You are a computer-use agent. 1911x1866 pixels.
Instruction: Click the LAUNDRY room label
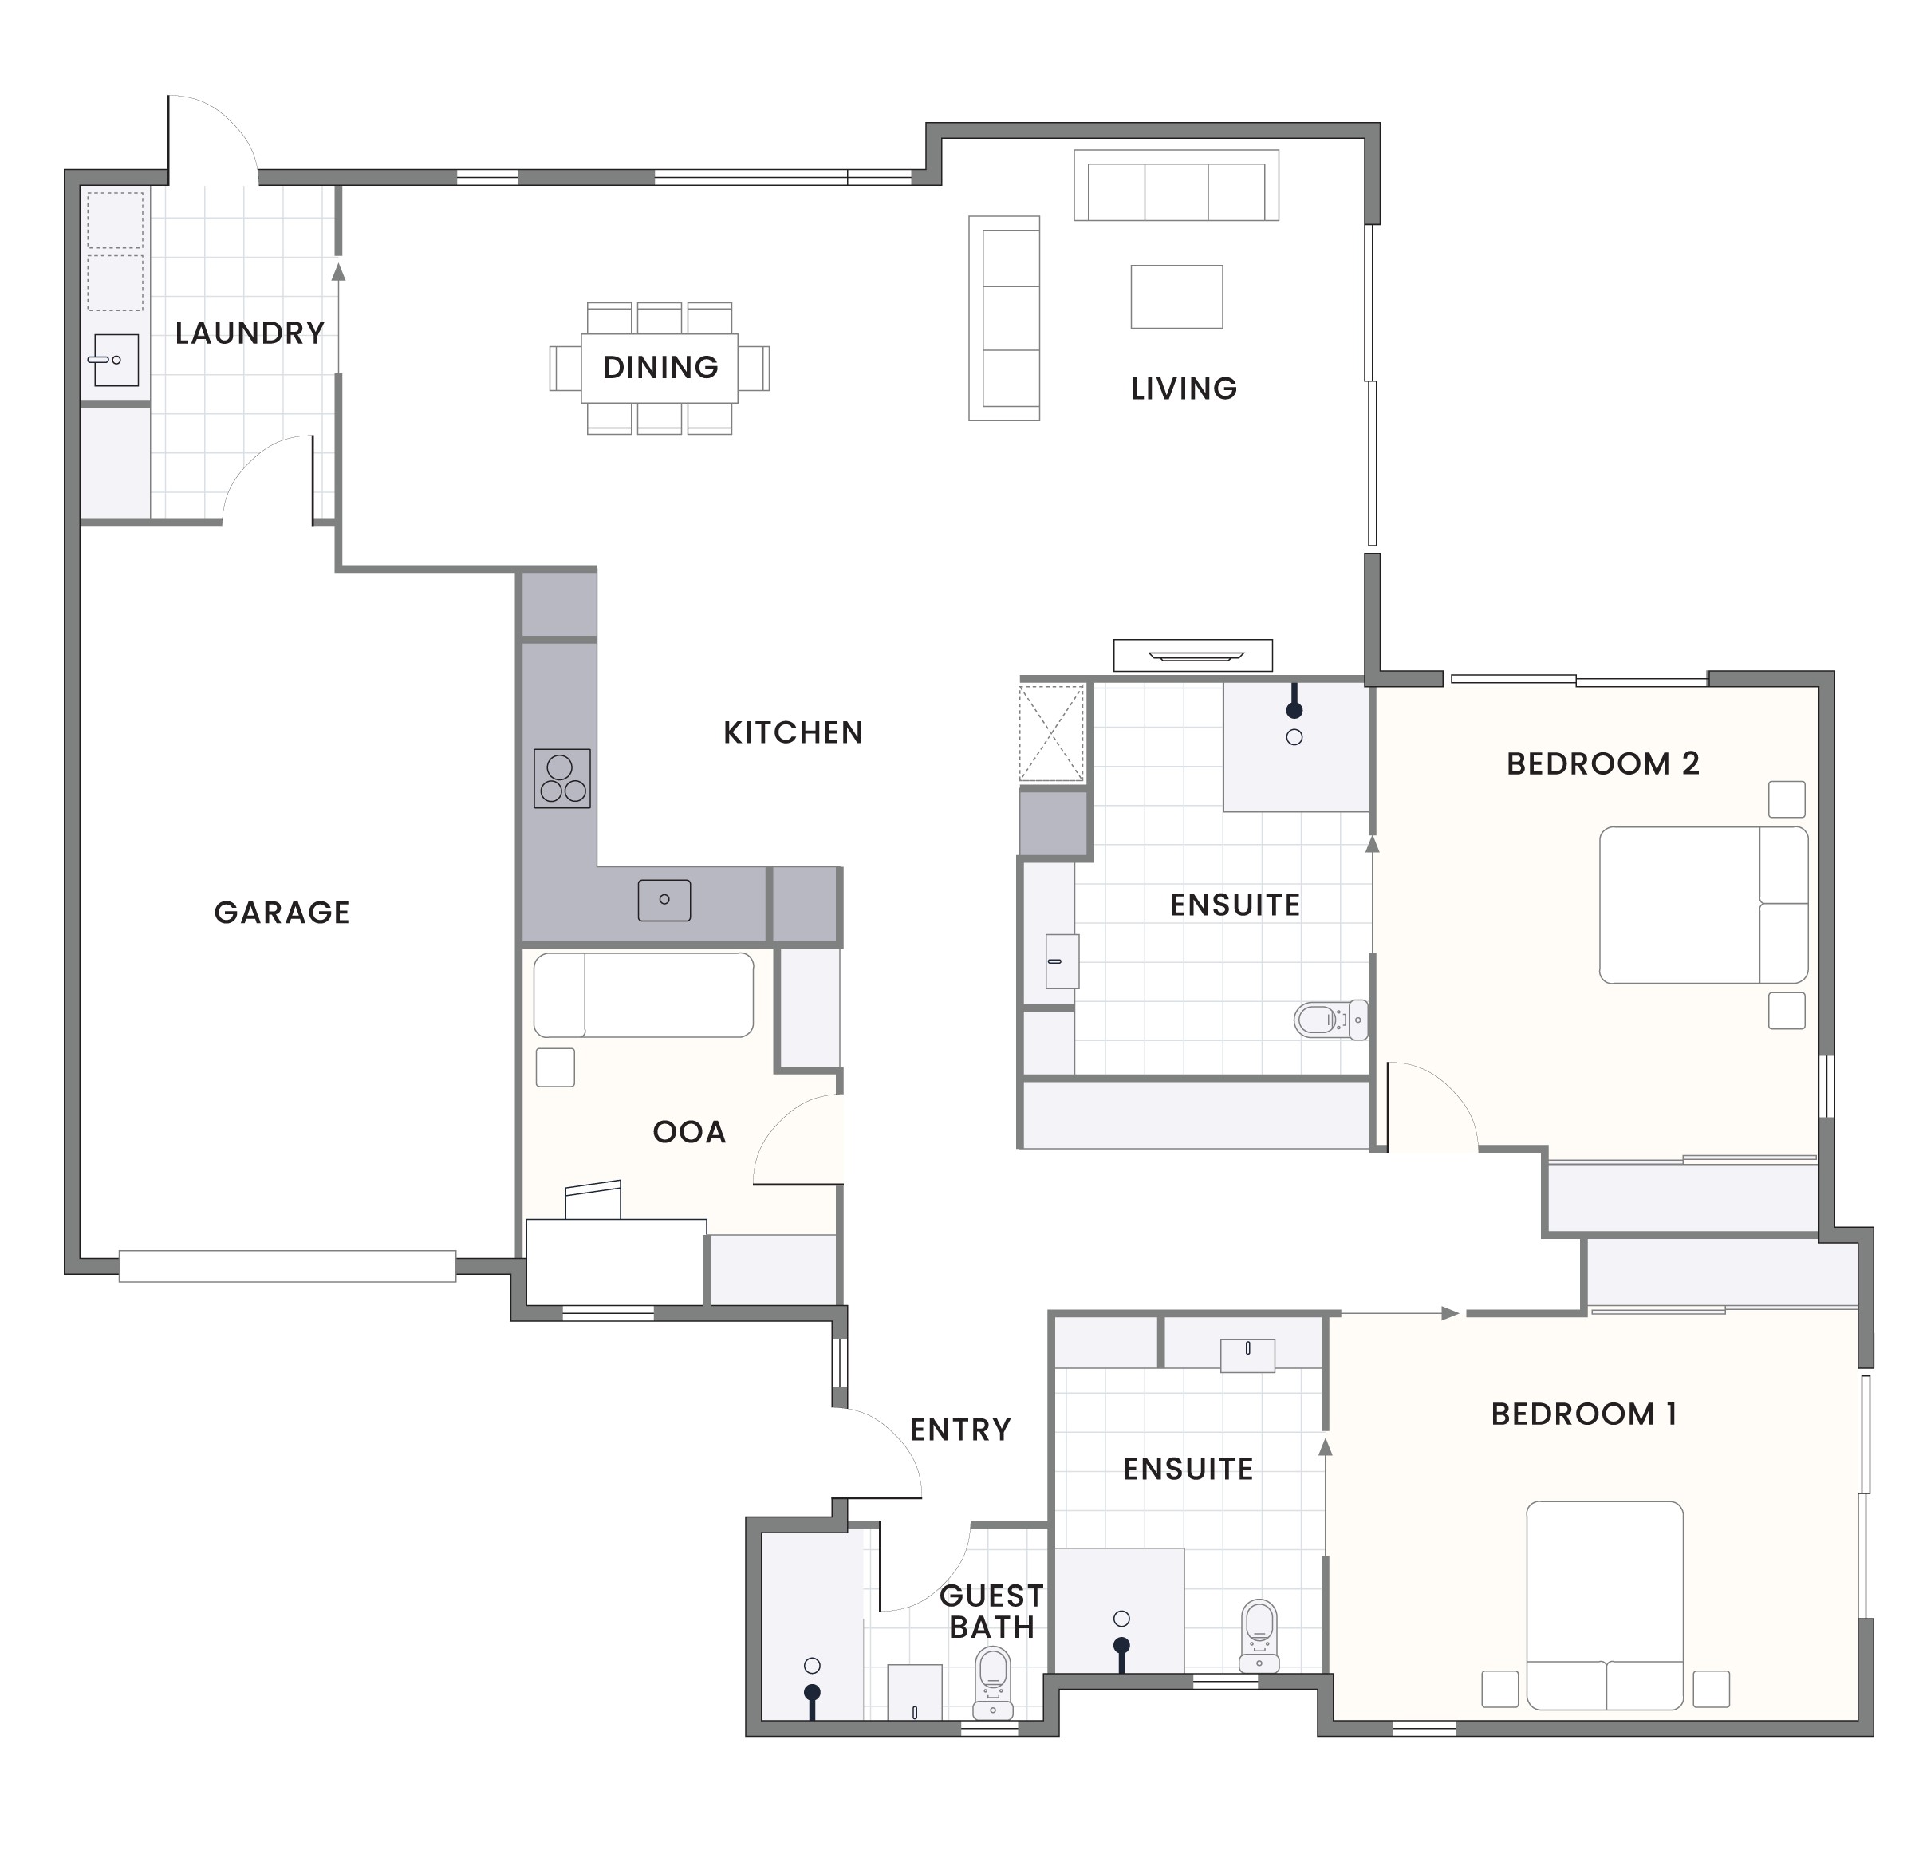[250, 333]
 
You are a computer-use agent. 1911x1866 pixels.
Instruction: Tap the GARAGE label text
[282, 913]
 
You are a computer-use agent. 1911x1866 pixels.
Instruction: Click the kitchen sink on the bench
[664, 900]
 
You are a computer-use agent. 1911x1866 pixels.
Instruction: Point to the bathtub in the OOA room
[643, 995]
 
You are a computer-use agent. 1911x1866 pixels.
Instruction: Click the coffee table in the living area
[1176, 296]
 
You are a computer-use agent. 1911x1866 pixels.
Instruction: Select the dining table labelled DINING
[660, 368]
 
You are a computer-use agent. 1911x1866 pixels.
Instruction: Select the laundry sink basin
[116, 360]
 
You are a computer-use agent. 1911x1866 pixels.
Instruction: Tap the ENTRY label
[959, 1430]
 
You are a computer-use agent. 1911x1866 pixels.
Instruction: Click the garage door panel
[287, 1265]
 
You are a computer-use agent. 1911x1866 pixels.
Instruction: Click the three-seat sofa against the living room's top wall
[1176, 186]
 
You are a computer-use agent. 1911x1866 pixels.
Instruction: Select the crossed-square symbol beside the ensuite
[1051, 733]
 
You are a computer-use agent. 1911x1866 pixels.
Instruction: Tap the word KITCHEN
[793, 733]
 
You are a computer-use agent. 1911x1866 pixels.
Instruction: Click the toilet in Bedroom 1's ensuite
[1259, 1634]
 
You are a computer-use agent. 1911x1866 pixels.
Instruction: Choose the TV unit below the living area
[1192, 655]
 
